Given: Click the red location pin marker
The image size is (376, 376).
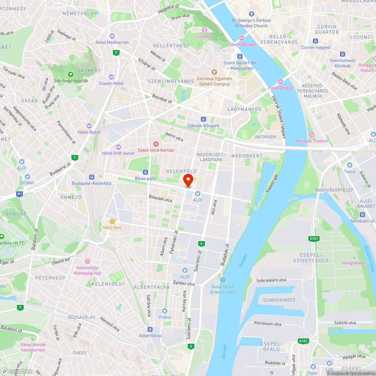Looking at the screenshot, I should pos(188,180).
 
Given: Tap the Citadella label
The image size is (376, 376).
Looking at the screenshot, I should pos(204,36).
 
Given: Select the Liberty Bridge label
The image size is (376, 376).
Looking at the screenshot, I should pos(242,44).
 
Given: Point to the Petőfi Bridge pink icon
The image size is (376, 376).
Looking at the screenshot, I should pos(280,82).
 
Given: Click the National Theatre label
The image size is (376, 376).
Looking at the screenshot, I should pos(311,141).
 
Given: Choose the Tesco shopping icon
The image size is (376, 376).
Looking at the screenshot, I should pos(349,165).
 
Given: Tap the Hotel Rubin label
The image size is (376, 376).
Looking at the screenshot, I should pos(89,132).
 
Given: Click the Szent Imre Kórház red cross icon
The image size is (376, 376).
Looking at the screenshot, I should pos(156,144).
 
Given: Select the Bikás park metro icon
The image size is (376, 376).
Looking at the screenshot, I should pos(146,172).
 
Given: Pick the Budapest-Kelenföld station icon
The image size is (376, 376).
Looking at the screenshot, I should pos(91,177).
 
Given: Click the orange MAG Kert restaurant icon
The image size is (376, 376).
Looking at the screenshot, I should pos(112,221).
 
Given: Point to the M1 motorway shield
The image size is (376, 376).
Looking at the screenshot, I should pos(20,194).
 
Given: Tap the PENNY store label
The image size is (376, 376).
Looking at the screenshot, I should pos(27,183).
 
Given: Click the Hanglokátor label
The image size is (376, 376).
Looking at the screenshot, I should pos(353,263).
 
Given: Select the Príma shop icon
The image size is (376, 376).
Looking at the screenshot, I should pos(164,311).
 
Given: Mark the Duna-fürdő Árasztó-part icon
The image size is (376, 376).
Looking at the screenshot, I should pos(223,280).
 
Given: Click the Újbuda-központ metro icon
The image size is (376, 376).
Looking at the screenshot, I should pos(203,119).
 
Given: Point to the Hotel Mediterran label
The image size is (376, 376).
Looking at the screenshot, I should pos(112,42).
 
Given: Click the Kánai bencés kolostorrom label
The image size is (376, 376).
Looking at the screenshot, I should pos(33,347).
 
